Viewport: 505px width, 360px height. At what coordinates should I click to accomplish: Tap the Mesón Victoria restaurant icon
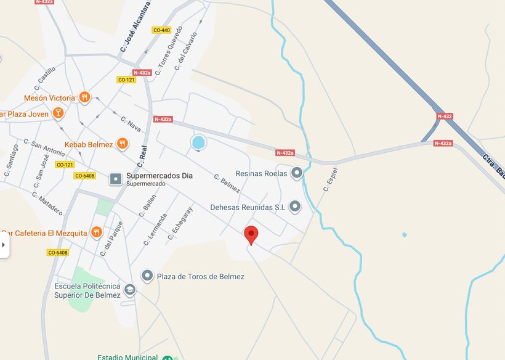[85, 97]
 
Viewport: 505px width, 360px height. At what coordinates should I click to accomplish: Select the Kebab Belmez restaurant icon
[123, 144]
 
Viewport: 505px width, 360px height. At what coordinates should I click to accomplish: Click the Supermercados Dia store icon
[115, 179]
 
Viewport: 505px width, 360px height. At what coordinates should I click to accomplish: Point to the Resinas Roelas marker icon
[297, 173]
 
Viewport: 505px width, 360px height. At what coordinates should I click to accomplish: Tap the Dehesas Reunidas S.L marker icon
[295, 207]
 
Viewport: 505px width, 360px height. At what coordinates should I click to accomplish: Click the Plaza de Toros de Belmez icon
[147, 276]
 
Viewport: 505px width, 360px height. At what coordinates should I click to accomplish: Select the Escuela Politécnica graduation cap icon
[129, 290]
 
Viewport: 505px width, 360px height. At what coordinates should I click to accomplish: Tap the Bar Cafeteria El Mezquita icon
[96, 232]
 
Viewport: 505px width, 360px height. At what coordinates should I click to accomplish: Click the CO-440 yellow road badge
[161, 30]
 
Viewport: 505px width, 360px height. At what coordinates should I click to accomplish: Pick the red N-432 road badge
[445, 116]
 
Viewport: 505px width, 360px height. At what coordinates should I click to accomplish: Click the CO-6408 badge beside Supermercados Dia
[85, 176]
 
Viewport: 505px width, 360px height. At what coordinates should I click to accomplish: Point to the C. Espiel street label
[330, 178]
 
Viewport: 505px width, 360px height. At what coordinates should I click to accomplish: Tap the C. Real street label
[143, 156]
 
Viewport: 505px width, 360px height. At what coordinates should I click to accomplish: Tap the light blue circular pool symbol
[198, 143]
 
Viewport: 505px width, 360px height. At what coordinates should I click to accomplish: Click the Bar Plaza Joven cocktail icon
[58, 113]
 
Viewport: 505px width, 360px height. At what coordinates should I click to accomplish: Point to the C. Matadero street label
[47, 203]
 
